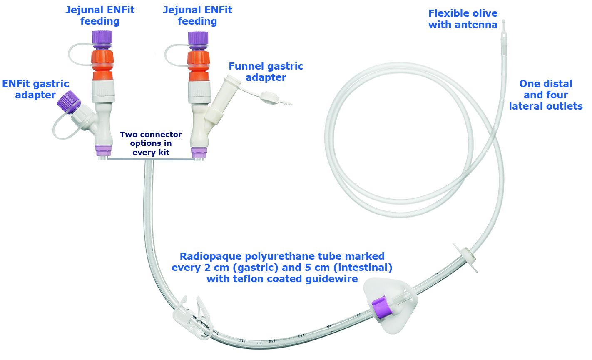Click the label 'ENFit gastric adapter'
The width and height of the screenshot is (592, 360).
tap(35, 90)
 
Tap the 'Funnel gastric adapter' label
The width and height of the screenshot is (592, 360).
tap(266, 72)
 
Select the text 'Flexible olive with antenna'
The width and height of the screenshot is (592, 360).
tap(463, 19)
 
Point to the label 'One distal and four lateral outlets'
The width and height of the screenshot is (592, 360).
tap(545, 95)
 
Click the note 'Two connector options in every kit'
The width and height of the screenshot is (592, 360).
tap(151, 143)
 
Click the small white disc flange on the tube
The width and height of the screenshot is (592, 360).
tap(467, 255)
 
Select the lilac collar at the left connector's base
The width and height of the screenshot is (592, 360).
tap(103, 150)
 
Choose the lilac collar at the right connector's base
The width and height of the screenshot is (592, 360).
tap(199, 152)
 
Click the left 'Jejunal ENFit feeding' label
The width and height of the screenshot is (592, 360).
tap(100, 15)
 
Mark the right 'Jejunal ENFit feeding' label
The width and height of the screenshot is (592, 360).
tap(197, 15)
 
